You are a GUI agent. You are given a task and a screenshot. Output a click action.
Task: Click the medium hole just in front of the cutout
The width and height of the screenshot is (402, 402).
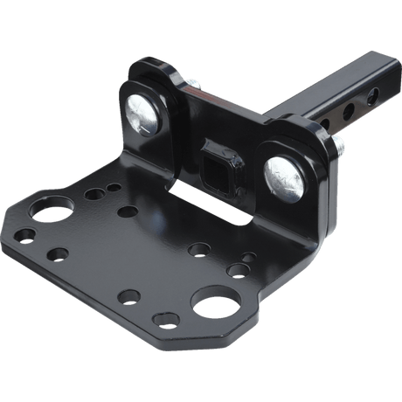[x=194, y=252]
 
